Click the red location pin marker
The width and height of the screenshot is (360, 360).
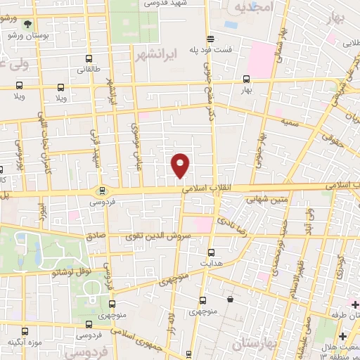(x=181, y=165)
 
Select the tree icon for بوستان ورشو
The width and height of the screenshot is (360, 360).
(x=27, y=24)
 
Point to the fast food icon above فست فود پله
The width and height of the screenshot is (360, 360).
(x=210, y=39)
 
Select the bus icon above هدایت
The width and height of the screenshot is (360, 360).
(x=212, y=251)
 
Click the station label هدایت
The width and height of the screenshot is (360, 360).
(x=213, y=262)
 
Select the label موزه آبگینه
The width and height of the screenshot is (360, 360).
(x=22, y=342)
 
